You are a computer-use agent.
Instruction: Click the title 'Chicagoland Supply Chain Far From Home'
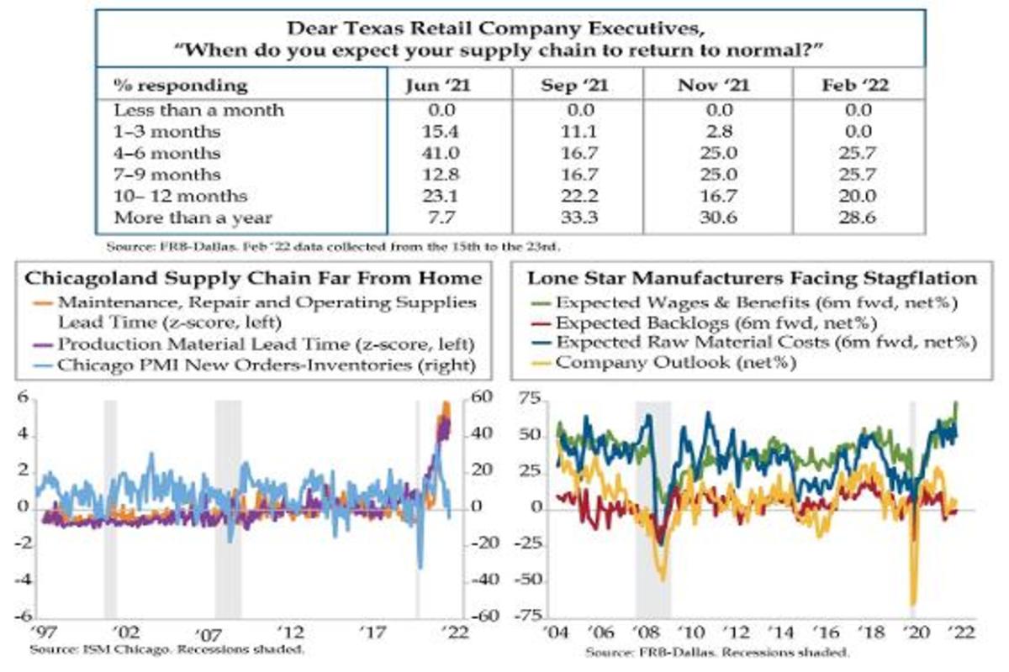tap(254, 278)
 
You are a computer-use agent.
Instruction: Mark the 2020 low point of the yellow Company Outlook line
tap(912, 603)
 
